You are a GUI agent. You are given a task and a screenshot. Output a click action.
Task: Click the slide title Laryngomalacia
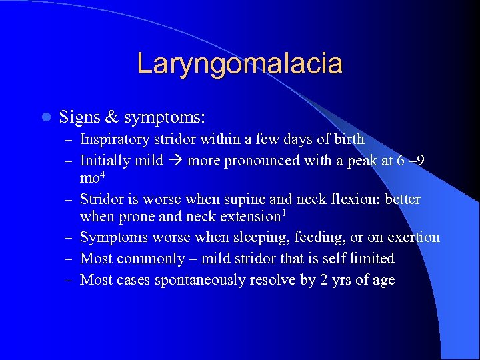pyautogui.click(x=239, y=63)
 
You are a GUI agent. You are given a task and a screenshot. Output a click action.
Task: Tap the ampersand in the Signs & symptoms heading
pyautogui.click(x=111, y=117)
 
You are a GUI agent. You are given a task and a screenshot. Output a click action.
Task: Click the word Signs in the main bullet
pyautogui.click(x=79, y=117)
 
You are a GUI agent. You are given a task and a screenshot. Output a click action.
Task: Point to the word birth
pyautogui.click(x=348, y=139)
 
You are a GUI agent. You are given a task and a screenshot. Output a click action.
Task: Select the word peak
pyautogui.click(x=363, y=161)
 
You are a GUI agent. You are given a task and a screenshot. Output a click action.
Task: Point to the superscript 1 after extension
pyautogui.click(x=284, y=213)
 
